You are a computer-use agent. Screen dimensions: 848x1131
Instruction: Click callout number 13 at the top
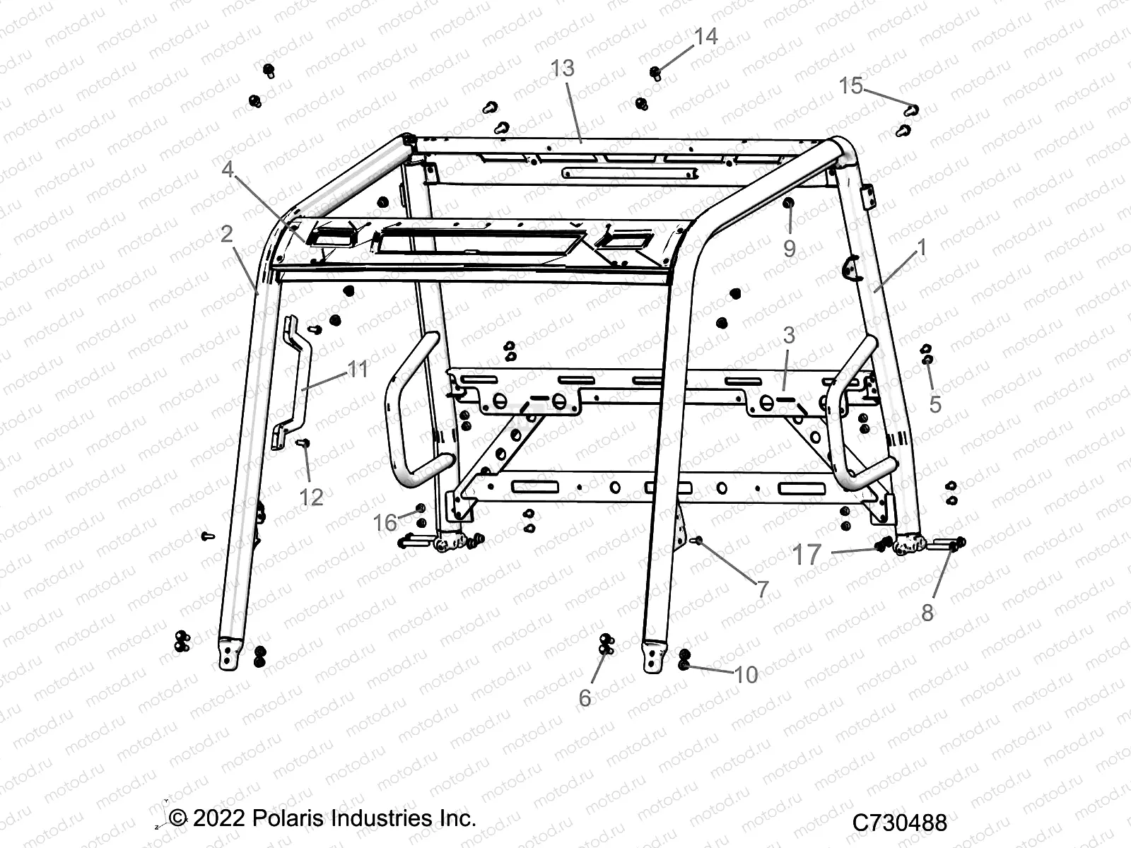563,69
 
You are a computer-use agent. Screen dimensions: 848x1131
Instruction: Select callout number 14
705,36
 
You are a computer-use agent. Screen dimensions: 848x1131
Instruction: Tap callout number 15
851,86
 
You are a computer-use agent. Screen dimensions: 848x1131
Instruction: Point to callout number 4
227,170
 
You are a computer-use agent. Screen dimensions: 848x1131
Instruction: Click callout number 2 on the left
226,234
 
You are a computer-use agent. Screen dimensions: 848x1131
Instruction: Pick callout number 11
358,369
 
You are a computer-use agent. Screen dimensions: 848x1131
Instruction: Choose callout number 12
311,497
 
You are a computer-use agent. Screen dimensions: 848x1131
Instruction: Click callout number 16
385,522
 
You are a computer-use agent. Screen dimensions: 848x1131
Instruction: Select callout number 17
807,555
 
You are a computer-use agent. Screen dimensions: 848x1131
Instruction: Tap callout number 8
927,612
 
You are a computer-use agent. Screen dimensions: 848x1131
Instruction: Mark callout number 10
746,674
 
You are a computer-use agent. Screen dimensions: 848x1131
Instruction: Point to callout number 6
585,697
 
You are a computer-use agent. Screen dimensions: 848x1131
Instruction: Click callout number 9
789,248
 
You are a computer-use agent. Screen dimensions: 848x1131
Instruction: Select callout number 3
788,335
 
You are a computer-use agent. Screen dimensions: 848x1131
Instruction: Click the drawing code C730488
899,822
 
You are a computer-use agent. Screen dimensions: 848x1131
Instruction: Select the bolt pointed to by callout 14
656,72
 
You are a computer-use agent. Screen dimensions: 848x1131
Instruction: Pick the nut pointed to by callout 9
789,204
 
